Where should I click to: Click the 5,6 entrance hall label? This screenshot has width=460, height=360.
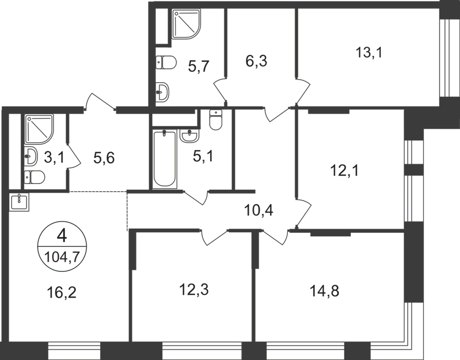point(106,158)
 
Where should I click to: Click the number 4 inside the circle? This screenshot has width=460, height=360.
point(62,235)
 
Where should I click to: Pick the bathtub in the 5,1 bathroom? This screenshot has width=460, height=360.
point(166,160)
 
